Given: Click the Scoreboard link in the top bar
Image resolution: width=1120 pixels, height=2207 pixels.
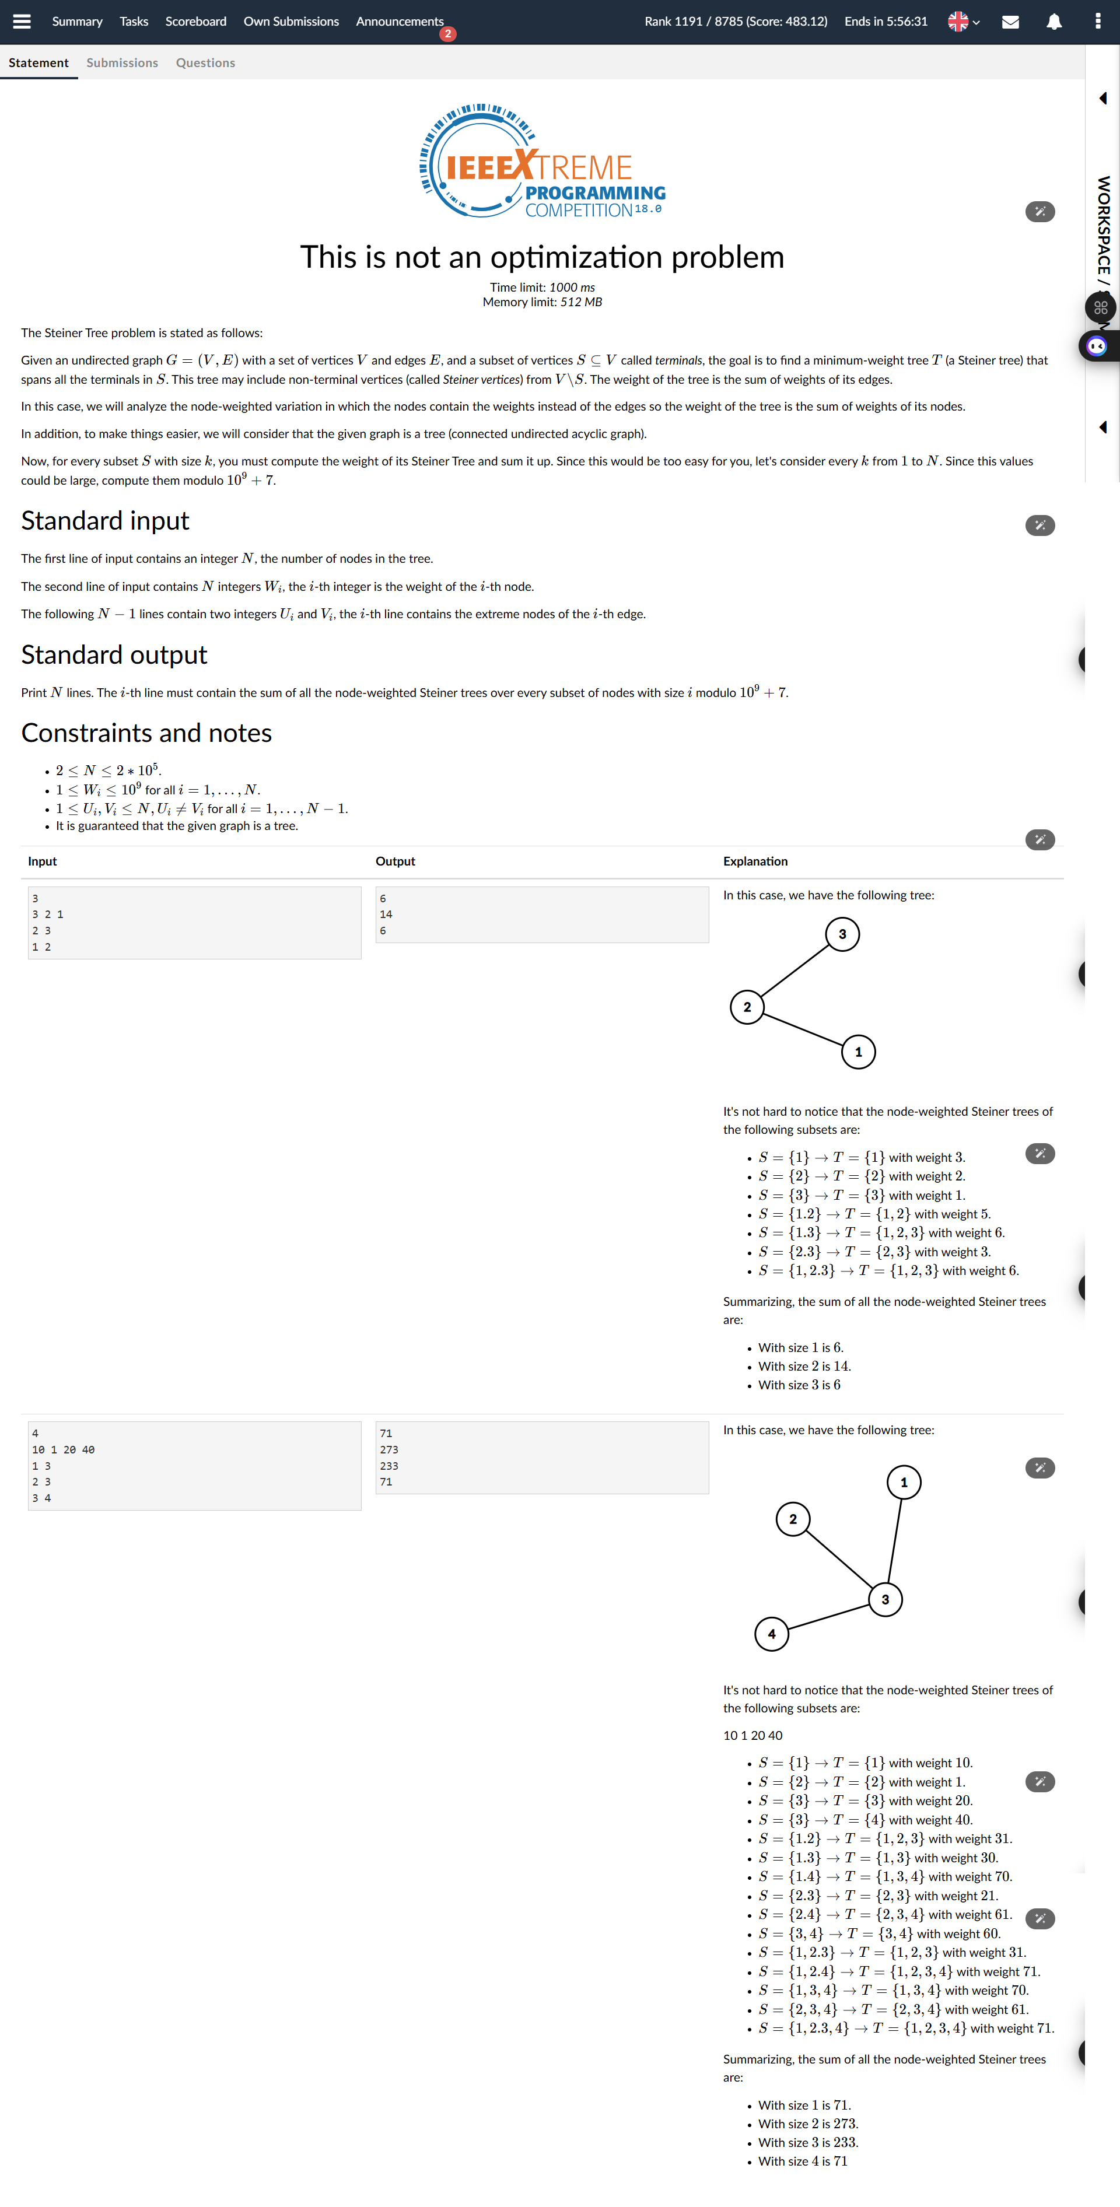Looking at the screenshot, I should (195, 22).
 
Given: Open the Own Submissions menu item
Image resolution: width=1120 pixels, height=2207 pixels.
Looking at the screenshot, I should (290, 22).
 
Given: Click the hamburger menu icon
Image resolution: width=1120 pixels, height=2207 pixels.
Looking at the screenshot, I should (22, 22).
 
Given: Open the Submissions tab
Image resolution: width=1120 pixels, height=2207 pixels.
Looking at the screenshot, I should (122, 62).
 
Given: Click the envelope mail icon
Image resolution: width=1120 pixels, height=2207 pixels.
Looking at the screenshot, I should (1010, 22).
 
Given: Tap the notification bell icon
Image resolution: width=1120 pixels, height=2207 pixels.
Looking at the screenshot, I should (1054, 22).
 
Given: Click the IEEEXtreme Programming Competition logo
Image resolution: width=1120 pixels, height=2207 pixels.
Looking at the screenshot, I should (541, 161).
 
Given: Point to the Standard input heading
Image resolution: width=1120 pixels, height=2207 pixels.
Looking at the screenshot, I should (104, 521).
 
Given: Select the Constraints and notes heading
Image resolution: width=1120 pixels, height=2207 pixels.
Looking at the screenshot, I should (146, 733).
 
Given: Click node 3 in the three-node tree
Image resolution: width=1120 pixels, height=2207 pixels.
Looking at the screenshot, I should (842, 934).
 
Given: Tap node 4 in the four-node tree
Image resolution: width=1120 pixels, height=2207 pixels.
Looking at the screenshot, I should (771, 1634).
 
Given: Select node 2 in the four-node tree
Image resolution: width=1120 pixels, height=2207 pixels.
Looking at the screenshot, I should (793, 1519).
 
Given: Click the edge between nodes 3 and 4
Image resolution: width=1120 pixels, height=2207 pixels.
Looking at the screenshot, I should (828, 1617).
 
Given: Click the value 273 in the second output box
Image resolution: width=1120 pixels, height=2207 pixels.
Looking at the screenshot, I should (389, 1449).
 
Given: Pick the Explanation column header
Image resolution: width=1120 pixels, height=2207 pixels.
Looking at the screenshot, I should (755, 861).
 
